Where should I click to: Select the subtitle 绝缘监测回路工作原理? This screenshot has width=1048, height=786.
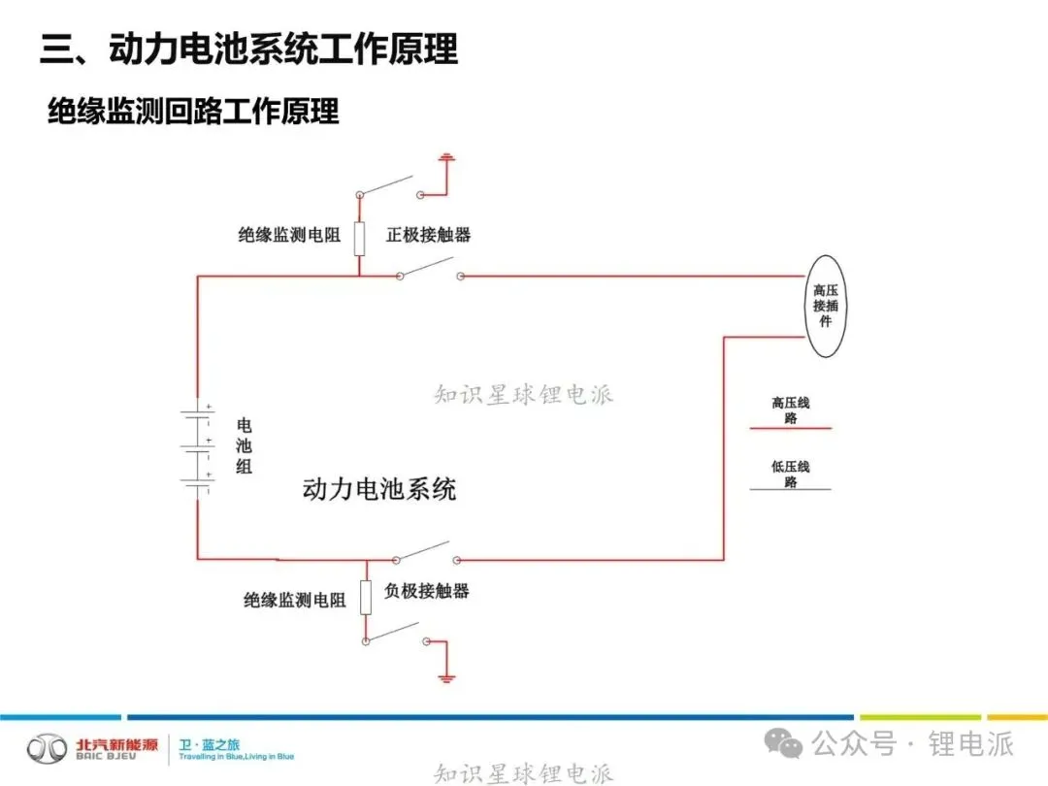click(x=194, y=112)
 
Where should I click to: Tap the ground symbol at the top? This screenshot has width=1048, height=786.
click(x=446, y=157)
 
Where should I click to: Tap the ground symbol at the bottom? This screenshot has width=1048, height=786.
click(x=446, y=675)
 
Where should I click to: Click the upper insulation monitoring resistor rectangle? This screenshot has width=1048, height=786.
click(x=359, y=238)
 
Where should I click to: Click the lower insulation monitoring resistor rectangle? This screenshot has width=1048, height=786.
click(x=366, y=598)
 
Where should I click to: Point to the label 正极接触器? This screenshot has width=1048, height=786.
click(x=428, y=235)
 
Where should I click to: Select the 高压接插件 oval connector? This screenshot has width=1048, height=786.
click(x=826, y=305)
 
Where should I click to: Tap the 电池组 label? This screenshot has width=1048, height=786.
click(x=244, y=445)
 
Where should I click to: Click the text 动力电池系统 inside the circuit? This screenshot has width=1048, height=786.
click(x=379, y=488)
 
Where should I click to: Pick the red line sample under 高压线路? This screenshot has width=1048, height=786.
click(x=790, y=428)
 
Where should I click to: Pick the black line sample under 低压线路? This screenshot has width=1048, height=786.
click(x=790, y=488)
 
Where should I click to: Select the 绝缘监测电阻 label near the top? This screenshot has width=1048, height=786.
click(x=289, y=235)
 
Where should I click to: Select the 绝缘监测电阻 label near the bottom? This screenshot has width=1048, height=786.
click(x=294, y=601)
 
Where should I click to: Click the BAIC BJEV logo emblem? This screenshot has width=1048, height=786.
click(x=47, y=748)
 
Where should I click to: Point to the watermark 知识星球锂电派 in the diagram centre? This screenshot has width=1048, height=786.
click(x=523, y=395)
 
